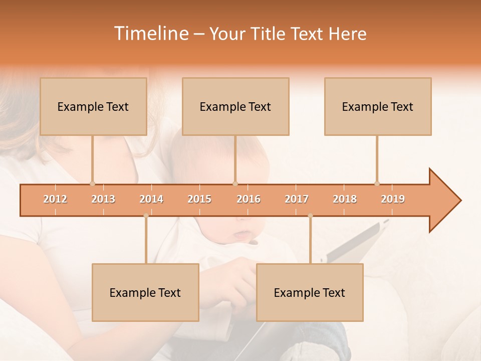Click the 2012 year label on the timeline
pyautogui.click(x=55, y=199)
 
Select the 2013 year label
pyautogui.click(x=103, y=199)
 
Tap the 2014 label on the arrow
pyautogui.click(x=151, y=199)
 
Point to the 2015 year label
pyautogui.click(x=199, y=199)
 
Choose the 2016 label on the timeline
pyautogui.click(x=249, y=199)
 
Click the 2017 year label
pyautogui.click(x=297, y=199)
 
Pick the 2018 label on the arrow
pyautogui.click(x=345, y=199)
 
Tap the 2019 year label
pyautogui.click(x=393, y=199)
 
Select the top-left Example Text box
pyautogui.click(x=93, y=106)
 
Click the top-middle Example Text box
pyautogui.click(x=235, y=106)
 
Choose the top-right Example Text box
pyautogui.click(x=378, y=106)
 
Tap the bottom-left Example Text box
pyautogui.click(x=145, y=292)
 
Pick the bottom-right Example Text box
pyautogui.click(x=310, y=292)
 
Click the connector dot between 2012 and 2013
pyautogui.click(x=92, y=184)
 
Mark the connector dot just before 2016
pyautogui.click(x=235, y=184)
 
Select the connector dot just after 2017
pyautogui.click(x=310, y=216)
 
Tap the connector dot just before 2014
pyautogui.click(x=146, y=216)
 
